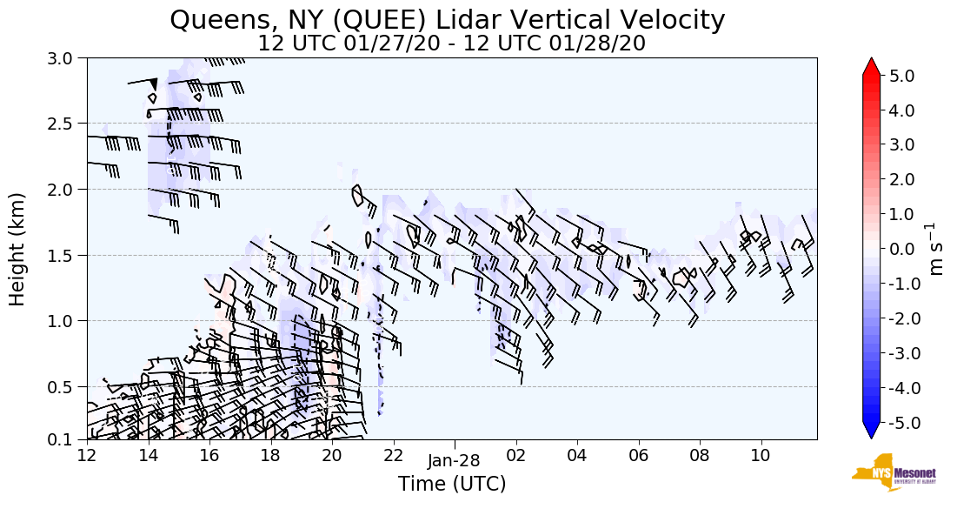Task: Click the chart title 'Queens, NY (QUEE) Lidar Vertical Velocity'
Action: coord(448,19)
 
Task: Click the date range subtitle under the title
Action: coord(451,43)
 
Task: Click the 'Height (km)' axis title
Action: coord(18,249)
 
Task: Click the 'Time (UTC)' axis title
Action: coord(452,484)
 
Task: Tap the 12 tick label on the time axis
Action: coord(87,455)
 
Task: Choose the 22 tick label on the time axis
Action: coord(393,455)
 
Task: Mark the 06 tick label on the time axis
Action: coord(639,455)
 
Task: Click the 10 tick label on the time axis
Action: coord(761,455)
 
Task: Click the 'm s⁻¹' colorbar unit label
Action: coord(937,249)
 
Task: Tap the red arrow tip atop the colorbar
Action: coord(872,65)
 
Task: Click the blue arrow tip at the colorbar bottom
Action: coord(872,432)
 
